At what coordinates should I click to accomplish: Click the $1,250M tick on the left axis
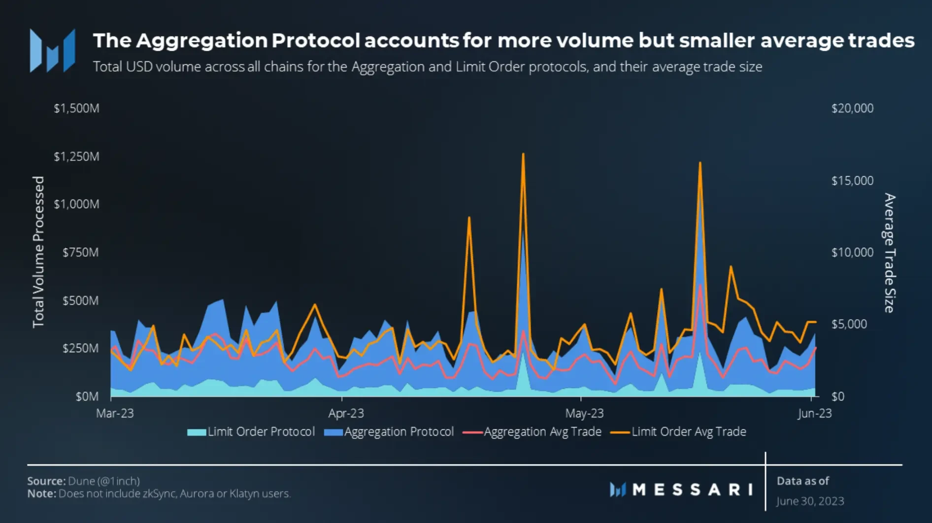(x=76, y=157)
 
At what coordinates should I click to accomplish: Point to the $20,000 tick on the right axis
(x=852, y=108)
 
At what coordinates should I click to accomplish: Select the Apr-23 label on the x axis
(x=346, y=413)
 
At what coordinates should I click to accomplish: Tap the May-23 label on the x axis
(x=584, y=413)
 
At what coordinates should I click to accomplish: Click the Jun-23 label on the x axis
(x=814, y=413)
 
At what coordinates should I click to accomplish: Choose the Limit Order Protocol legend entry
(x=251, y=432)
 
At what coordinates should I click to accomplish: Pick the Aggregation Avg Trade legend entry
(x=533, y=432)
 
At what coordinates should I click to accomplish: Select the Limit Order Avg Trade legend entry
(x=679, y=432)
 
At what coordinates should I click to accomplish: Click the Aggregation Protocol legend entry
(x=389, y=432)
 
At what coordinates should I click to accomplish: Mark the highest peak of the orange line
(x=523, y=154)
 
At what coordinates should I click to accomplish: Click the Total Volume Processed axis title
(x=38, y=252)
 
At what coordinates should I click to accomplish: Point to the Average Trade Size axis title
(x=889, y=253)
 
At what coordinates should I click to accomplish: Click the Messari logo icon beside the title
(x=53, y=51)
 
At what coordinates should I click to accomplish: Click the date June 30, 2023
(x=810, y=501)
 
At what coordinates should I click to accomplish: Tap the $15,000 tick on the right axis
(x=852, y=181)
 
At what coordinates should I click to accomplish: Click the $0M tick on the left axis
(x=87, y=396)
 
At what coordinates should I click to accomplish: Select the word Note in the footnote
(x=41, y=493)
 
